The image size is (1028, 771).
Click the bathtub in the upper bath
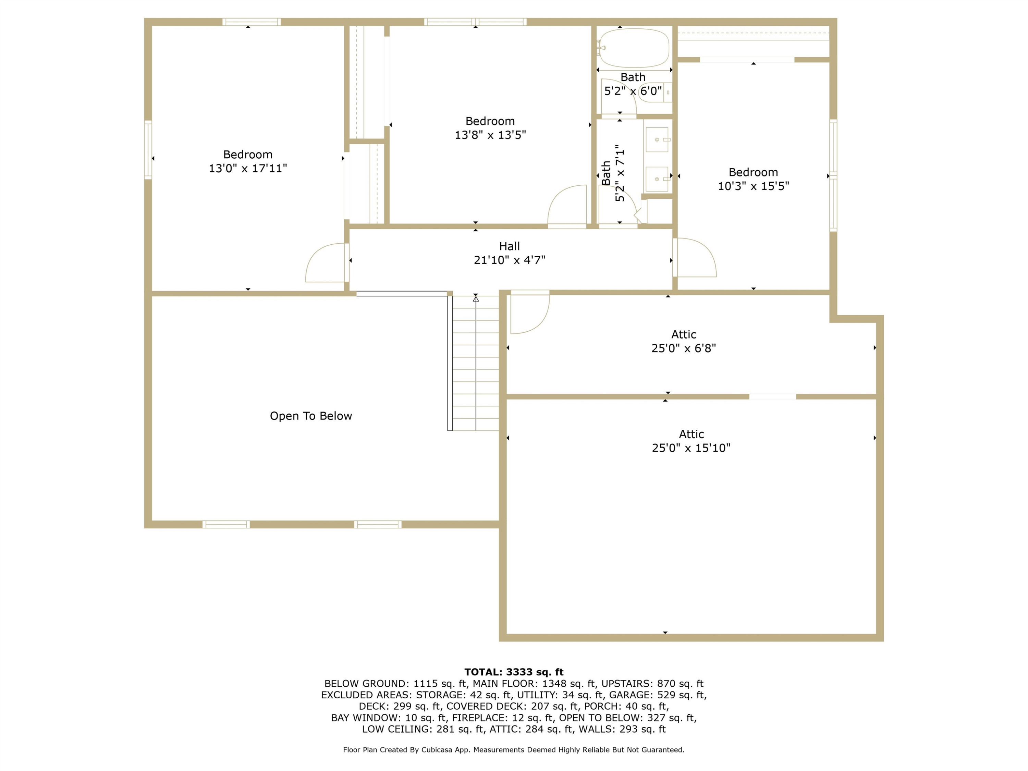[x=634, y=48]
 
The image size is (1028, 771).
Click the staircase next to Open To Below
[x=474, y=363]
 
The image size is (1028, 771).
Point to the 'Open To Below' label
[x=311, y=416]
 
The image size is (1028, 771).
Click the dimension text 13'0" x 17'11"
[x=248, y=168]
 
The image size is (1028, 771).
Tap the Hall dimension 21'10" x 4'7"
[x=509, y=260]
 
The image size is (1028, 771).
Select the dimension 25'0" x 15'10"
[x=691, y=448]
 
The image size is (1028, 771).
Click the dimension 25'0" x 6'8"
[x=684, y=348]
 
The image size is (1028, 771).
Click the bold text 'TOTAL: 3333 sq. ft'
[x=514, y=672]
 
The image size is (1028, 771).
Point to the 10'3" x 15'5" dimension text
[x=753, y=186]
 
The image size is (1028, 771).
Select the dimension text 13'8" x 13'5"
[x=490, y=135]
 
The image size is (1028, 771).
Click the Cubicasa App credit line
[x=514, y=750]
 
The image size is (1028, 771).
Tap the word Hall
[x=509, y=246]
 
